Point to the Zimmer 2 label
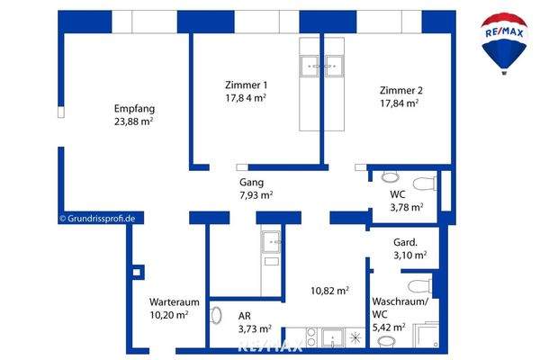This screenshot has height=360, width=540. (x=399, y=90)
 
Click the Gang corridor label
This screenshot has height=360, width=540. (x=250, y=181)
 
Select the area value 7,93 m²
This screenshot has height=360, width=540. (x=256, y=194)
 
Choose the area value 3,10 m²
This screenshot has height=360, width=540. (x=409, y=256)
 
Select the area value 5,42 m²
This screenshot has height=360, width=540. (x=389, y=328)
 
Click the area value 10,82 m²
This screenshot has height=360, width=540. (x=331, y=291)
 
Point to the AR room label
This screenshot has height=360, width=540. (x=244, y=316)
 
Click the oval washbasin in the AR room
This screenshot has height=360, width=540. (x=216, y=316)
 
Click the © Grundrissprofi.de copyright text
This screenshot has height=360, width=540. (x=97, y=218)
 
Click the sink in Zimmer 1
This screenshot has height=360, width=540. (x=311, y=65)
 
